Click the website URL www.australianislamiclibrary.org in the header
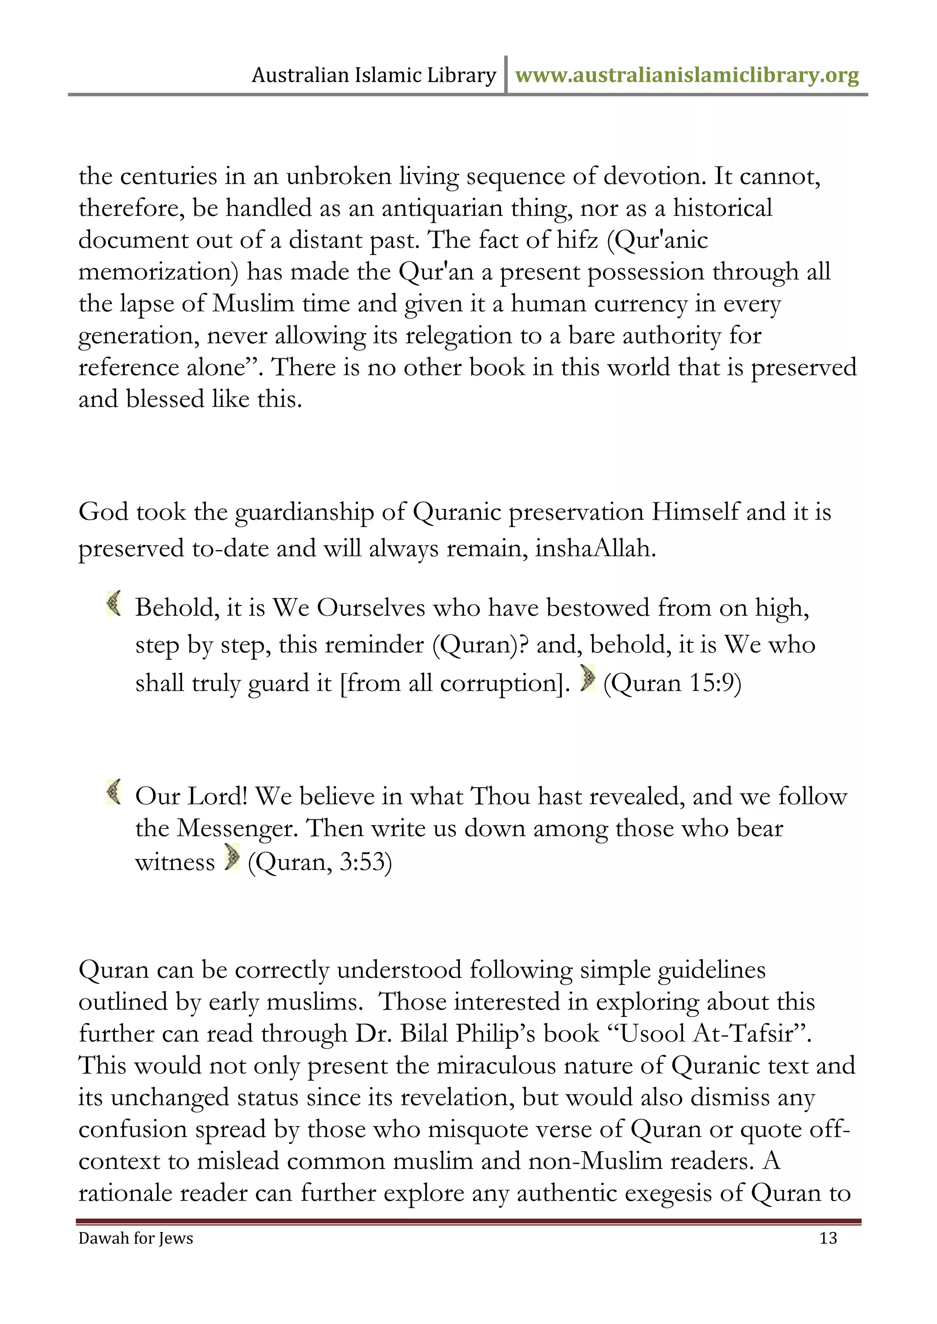[x=687, y=75]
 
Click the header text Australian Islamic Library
[x=374, y=75]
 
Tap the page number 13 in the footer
[x=828, y=1238]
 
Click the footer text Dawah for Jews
[x=135, y=1238]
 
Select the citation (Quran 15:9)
[x=672, y=683]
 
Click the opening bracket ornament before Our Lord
[x=113, y=791]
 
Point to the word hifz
[x=577, y=240]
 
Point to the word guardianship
[x=304, y=512]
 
